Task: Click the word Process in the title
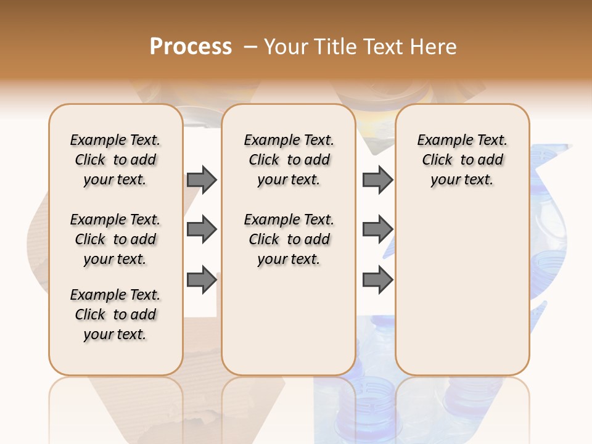[191, 47]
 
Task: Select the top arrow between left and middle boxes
[202, 180]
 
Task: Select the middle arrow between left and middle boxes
[202, 230]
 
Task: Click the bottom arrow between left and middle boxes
[202, 280]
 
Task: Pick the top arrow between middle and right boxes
[377, 180]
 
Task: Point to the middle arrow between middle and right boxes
[377, 230]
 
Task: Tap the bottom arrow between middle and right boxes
[377, 280]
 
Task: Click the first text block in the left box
[115, 160]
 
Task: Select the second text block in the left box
[115, 239]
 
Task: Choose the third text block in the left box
[115, 314]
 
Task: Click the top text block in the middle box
[289, 160]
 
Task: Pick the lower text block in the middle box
[289, 239]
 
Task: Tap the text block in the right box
[462, 160]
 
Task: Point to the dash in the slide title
[250, 47]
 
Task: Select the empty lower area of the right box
[462, 290]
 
